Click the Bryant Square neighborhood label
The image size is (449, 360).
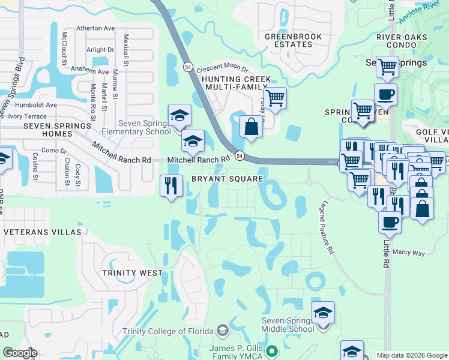(227, 179)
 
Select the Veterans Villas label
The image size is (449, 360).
(42, 232)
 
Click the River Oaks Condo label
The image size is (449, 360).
(402, 41)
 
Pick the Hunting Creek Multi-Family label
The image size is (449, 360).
(236, 83)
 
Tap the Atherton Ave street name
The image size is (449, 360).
(95, 28)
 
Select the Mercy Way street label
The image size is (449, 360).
(409, 253)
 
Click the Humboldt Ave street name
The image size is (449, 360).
(36, 104)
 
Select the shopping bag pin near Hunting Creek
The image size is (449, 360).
(251, 127)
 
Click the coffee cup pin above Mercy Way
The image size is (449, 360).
(390, 222)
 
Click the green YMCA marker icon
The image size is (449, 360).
(273, 350)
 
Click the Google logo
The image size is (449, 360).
(20, 353)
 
